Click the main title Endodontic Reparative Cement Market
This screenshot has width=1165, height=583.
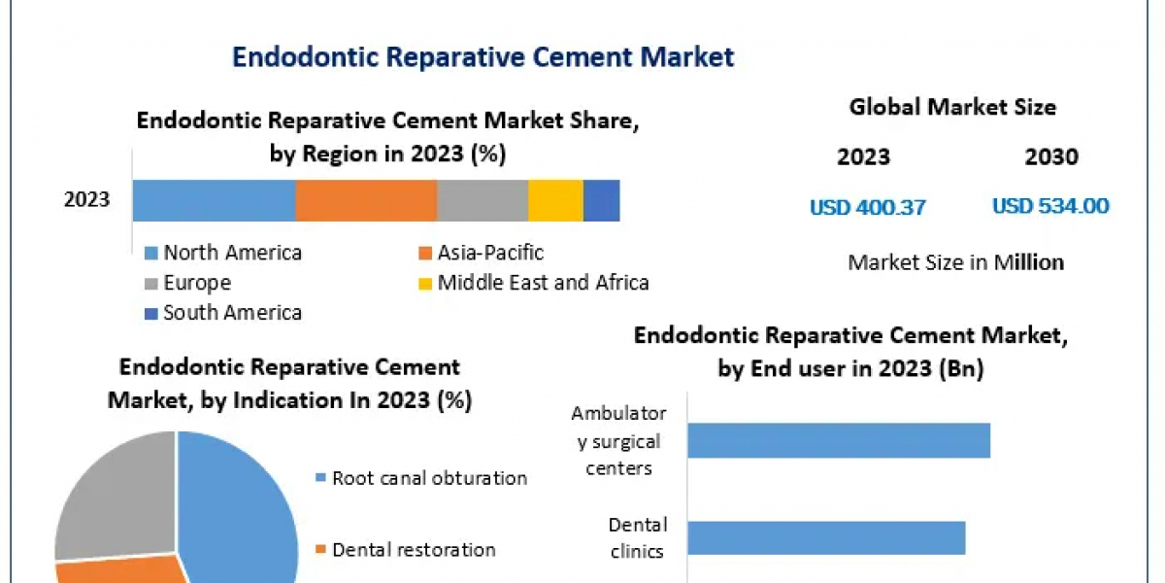pos(483,57)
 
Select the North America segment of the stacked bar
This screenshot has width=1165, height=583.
pos(214,200)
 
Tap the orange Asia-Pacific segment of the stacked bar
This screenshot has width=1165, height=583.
pos(366,200)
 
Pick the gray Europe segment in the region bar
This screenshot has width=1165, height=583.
pos(483,200)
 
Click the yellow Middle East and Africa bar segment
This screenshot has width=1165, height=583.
pos(555,200)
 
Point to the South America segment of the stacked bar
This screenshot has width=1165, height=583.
pos(601,200)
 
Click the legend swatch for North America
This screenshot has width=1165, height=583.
pos(150,254)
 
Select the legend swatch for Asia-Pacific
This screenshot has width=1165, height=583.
pos(424,254)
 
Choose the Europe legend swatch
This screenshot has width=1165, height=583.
pos(150,284)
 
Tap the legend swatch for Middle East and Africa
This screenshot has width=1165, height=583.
pos(424,284)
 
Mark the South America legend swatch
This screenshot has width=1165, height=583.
pos(150,314)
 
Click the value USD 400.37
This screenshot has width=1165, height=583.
pos(868,207)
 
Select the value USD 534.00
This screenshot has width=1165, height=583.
pos(1050,206)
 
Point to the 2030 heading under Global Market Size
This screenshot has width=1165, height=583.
pos(1050,157)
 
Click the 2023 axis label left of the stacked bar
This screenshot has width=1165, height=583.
pos(87,200)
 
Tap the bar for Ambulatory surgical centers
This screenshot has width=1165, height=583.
pos(839,440)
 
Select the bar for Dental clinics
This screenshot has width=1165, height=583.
pos(826,537)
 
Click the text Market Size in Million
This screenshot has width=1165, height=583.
pos(955,262)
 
